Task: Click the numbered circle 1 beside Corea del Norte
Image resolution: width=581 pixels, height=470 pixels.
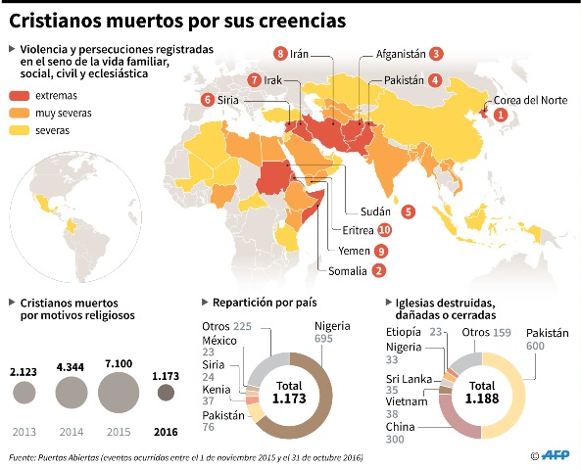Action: pyautogui.click(x=501, y=115)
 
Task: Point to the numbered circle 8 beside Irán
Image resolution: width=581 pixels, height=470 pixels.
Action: pyautogui.click(x=281, y=54)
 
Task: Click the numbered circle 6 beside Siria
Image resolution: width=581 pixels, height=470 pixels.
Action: pyautogui.click(x=207, y=99)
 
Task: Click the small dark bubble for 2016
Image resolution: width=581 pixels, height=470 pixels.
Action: pyautogui.click(x=167, y=394)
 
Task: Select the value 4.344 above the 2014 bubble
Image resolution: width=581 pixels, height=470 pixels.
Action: pyautogui.click(x=72, y=366)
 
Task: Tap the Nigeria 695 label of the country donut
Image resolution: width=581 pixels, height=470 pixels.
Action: pyautogui.click(x=331, y=332)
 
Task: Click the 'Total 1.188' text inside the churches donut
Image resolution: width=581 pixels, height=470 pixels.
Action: pyautogui.click(x=482, y=393)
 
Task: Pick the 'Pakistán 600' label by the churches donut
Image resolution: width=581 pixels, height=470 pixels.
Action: pyautogui.click(x=547, y=339)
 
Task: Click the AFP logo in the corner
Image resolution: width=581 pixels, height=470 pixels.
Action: pyautogui.click(x=554, y=455)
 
